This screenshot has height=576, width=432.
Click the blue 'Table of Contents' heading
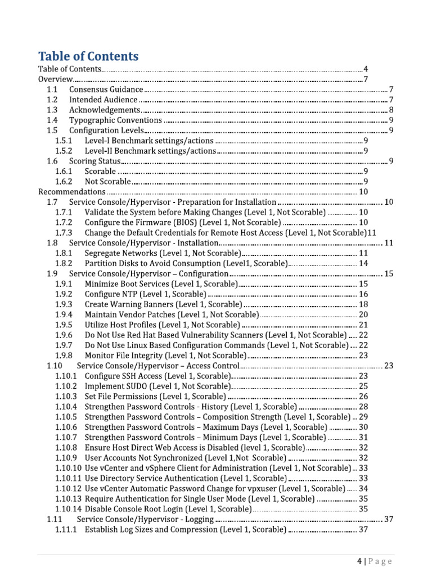[88, 56]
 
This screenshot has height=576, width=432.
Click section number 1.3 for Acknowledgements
[52, 110]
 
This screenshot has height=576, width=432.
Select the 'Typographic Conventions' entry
[116, 120]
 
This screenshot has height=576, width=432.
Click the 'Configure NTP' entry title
[145, 294]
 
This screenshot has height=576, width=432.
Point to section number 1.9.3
[64, 304]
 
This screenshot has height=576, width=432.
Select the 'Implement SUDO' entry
[157, 386]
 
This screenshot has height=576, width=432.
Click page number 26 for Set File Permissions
[363, 396]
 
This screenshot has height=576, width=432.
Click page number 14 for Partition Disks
[363, 263]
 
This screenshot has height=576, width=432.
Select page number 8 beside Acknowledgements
[391, 110]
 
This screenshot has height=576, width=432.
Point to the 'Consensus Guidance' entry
[106, 89]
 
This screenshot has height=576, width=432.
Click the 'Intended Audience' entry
[103, 100]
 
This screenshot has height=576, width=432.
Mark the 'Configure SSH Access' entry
[157, 376]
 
